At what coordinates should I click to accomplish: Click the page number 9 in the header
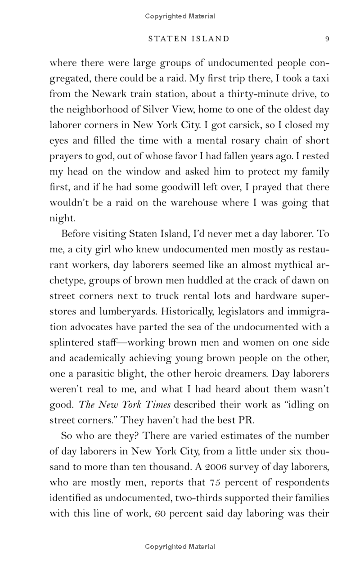point(327,39)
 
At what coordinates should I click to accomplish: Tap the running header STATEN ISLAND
point(189,39)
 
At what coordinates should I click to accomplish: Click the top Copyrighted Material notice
point(180,16)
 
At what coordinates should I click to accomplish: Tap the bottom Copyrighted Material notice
point(180,547)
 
